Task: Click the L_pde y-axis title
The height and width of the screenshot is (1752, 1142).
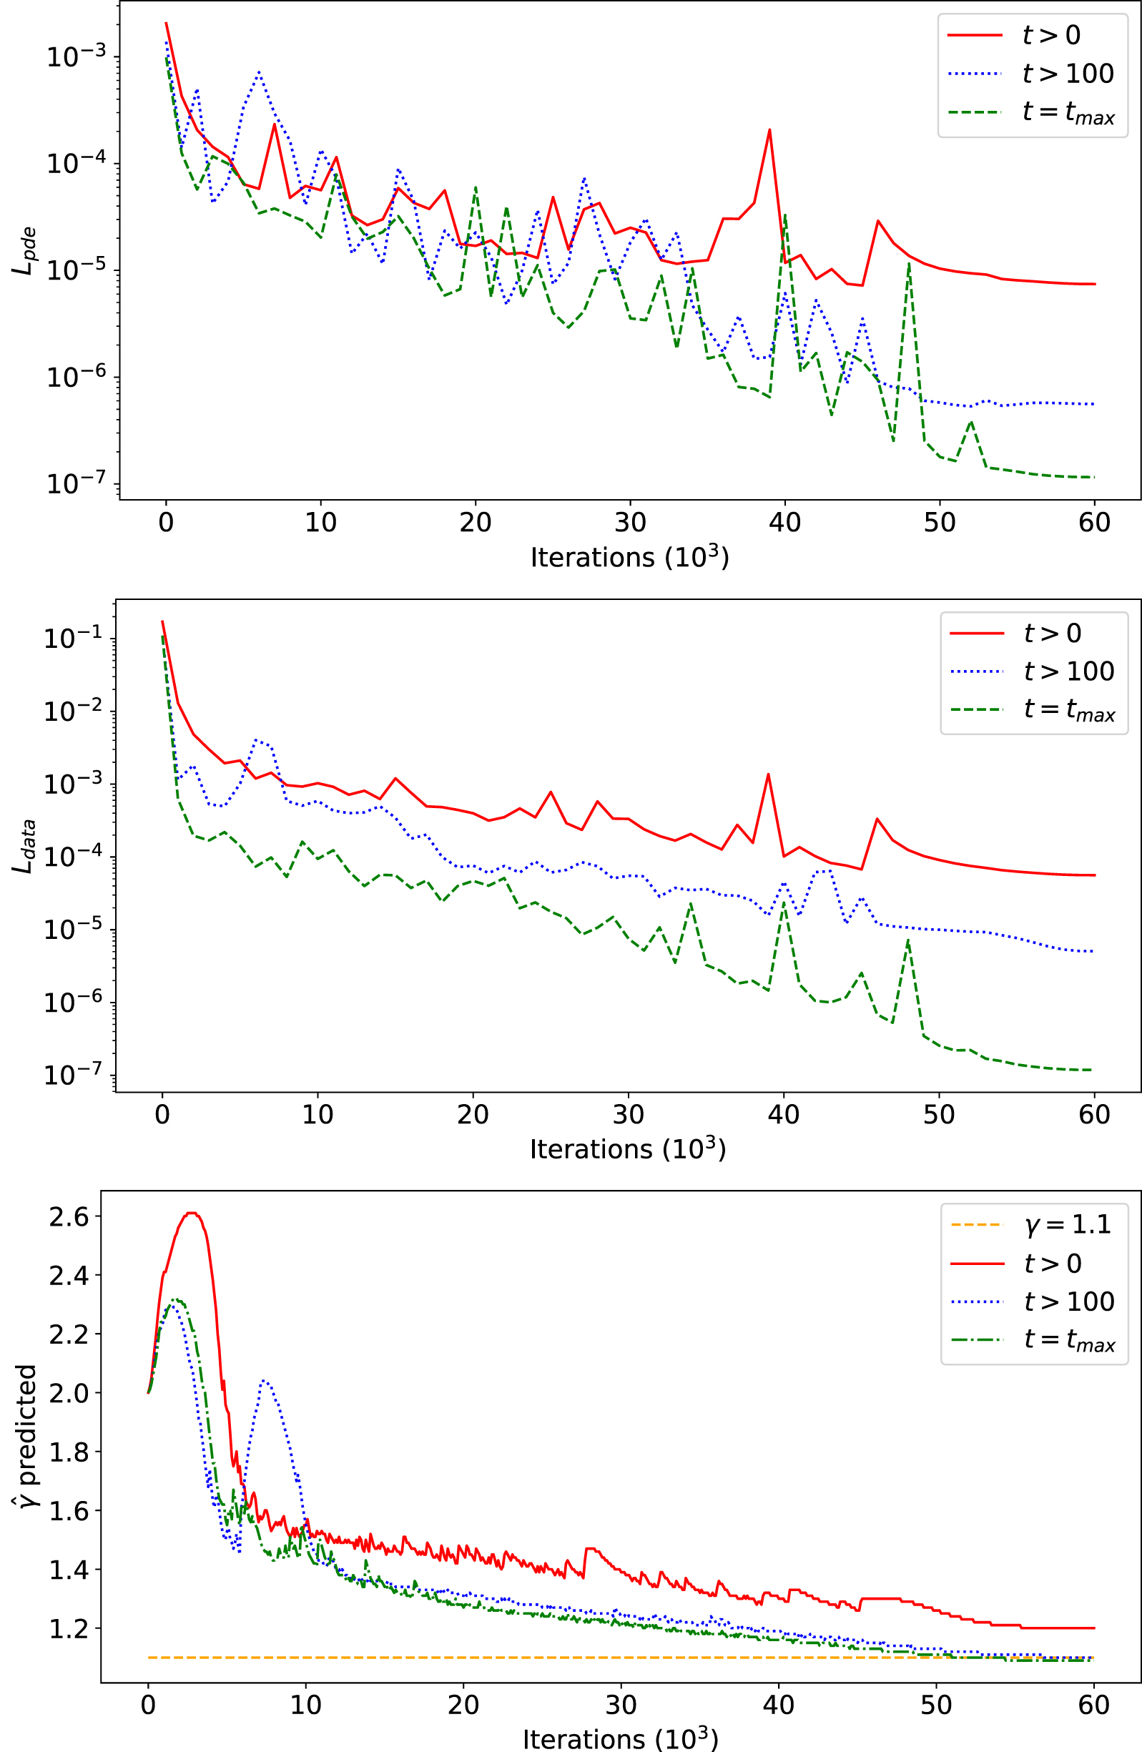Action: tap(24, 251)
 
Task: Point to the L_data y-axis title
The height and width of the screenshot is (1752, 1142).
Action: tap(24, 846)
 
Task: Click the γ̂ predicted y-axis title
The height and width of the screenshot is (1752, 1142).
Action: tap(25, 1435)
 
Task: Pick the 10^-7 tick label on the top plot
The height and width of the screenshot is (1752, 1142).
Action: tap(76, 483)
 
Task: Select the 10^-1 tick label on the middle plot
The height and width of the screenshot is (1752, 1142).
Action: tap(73, 638)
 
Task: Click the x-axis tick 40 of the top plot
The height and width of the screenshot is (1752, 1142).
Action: tap(784, 523)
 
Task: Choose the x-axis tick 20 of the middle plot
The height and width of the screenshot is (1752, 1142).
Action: tap(473, 1115)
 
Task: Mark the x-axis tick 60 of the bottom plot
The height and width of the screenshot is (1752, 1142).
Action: tap(1093, 1705)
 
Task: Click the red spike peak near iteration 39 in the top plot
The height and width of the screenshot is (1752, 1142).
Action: tap(769, 130)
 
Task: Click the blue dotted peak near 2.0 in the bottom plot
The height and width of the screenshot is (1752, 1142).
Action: tap(265, 1382)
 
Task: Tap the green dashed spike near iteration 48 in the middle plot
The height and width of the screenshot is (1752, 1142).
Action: tap(909, 941)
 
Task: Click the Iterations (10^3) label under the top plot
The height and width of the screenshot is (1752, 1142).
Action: tap(629, 557)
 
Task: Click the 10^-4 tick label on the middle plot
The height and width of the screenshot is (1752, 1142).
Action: tap(73, 857)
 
